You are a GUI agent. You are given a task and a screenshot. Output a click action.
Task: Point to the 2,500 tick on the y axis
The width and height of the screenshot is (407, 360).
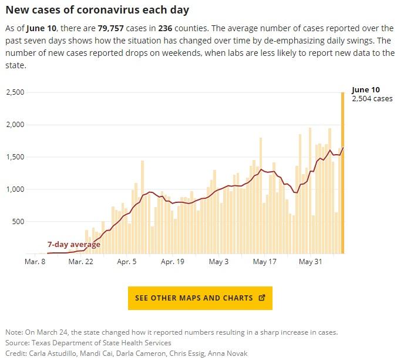tap(15, 92)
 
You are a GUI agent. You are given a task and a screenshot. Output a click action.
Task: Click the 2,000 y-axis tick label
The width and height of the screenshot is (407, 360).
tap(15, 125)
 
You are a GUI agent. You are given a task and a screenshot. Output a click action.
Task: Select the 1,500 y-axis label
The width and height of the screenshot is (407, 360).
tap(15, 157)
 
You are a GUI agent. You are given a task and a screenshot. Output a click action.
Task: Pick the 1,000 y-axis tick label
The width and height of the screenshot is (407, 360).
tap(15, 189)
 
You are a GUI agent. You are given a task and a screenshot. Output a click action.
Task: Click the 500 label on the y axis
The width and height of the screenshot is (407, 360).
tap(18, 222)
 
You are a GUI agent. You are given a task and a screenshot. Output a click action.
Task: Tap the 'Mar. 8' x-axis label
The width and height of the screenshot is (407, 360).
tap(35, 261)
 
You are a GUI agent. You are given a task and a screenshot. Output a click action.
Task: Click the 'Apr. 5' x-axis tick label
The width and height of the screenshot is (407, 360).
tap(127, 261)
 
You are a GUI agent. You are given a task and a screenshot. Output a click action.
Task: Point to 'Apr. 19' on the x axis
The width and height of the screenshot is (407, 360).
tap(173, 261)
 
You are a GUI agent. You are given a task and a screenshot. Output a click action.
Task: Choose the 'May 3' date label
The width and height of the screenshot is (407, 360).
tap(219, 261)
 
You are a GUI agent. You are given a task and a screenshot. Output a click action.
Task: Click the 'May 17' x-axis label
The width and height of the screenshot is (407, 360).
tap(265, 261)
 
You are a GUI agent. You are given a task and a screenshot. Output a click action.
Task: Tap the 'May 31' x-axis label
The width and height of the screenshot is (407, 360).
tap(311, 261)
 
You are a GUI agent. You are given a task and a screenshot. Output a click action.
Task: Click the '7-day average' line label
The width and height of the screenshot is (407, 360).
tap(73, 245)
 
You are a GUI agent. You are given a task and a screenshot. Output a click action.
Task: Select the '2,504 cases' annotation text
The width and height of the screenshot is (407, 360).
tap(372, 99)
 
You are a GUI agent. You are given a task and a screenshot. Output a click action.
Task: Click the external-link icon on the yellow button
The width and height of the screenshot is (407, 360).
tap(262, 298)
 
